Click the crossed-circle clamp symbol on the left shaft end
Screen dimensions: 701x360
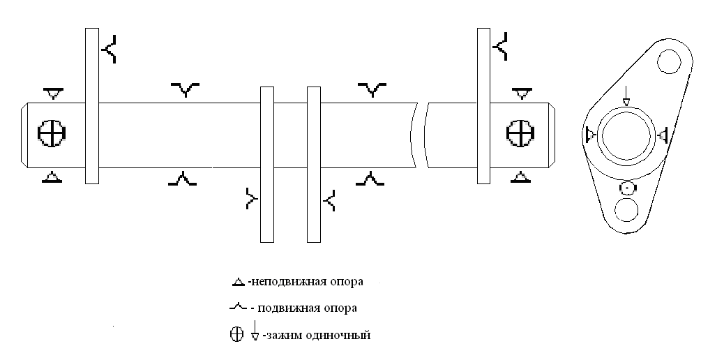(52, 133)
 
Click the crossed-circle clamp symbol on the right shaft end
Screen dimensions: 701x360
(520, 133)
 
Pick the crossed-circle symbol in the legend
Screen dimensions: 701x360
(236, 334)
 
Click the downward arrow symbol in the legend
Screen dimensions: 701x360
(255, 331)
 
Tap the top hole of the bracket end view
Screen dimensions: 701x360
(669, 61)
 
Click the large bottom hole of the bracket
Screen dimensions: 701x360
(626, 210)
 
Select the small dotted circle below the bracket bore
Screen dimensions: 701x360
(627, 188)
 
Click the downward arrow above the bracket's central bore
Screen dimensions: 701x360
(626, 96)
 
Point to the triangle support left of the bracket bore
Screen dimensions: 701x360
(591, 134)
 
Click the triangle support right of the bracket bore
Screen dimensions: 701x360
(663, 134)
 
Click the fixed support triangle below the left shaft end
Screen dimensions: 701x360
(52, 177)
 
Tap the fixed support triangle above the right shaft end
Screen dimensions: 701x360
(521, 93)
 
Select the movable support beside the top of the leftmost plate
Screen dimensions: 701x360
(110, 50)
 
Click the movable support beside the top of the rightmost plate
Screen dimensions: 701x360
(501, 46)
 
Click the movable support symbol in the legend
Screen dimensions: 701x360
(239, 307)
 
